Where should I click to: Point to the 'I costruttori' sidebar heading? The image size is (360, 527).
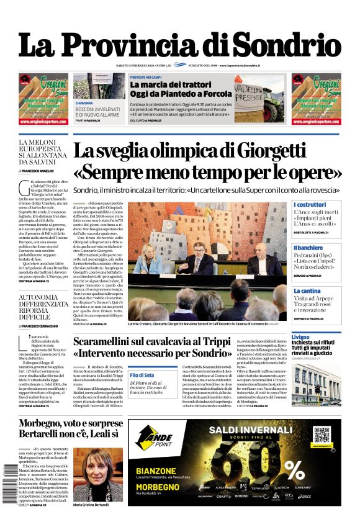(309, 205)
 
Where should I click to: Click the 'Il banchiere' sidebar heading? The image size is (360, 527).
(308, 247)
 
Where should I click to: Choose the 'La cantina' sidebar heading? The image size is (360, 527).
(307, 291)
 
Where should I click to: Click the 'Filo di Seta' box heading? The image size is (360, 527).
(142, 376)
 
